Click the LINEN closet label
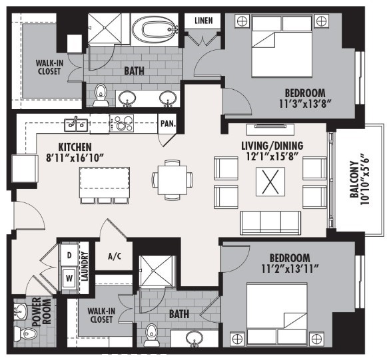coord(203,21)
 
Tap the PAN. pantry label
coord(168,123)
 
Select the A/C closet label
coord(115,256)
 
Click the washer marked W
coord(69,278)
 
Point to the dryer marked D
coord(69,256)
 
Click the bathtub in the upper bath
coord(155,29)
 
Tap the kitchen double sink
coord(76,124)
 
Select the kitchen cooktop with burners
coord(122,123)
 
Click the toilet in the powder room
coord(25,334)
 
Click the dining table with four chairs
coord(173,180)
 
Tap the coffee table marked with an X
coord(270,182)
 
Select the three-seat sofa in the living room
coord(270,223)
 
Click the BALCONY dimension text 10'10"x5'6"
coord(365,180)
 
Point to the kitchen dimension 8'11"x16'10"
coord(74,158)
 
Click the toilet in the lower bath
coord(151,335)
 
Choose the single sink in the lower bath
coord(195,338)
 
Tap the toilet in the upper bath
coord(101,95)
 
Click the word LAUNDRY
coord(85,266)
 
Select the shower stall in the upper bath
coord(105,29)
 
